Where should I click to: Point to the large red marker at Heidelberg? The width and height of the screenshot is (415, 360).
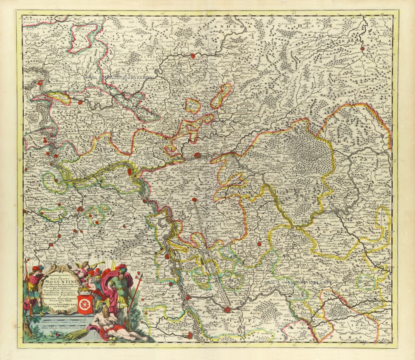pos(227,309)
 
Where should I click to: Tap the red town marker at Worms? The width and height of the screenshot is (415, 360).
pos(167,256)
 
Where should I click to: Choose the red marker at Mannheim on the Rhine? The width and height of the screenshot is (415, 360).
pos(188,297)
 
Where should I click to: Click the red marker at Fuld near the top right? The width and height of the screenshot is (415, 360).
pos(363,49)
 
